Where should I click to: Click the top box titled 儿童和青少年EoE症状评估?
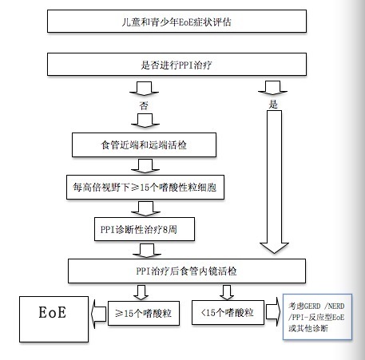[x=177, y=22]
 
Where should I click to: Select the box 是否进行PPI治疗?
[x=177, y=65]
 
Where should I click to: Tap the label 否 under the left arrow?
[x=144, y=106]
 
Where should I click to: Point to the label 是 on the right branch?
[x=273, y=105]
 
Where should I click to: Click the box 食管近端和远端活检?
[x=144, y=145]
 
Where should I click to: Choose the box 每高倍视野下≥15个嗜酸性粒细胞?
[x=145, y=188]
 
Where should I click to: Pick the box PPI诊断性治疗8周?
[x=145, y=229]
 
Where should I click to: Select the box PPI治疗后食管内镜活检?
[x=187, y=271]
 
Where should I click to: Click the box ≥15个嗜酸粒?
[x=144, y=313]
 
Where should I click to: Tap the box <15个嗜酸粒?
[x=228, y=313]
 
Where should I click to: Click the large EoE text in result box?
[x=53, y=312]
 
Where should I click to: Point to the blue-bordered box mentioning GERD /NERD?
[x=317, y=317]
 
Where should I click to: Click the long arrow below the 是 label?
[x=274, y=182]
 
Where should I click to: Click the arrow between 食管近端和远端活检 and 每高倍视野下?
[x=145, y=166]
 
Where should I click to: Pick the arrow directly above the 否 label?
[x=144, y=89]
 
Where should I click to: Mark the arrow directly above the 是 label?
[x=272, y=88]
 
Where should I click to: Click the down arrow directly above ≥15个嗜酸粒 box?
[x=141, y=292]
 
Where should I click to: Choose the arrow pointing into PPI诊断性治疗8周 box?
[x=145, y=208]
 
